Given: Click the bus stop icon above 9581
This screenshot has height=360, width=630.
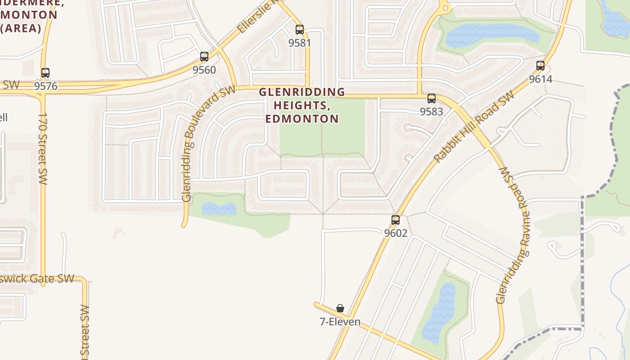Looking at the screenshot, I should (x=300, y=30).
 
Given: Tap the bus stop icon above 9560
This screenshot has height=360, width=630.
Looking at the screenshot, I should (x=204, y=57).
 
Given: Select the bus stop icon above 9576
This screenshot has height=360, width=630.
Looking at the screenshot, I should (x=45, y=72).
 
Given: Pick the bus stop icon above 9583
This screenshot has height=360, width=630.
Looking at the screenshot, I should (x=432, y=98).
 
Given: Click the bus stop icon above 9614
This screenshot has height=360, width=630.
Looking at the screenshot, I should (x=540, y=66).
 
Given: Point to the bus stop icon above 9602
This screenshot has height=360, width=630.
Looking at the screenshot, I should (x=396, y=220).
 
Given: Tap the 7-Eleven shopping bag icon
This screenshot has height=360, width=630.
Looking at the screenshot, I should (x=340, y=308).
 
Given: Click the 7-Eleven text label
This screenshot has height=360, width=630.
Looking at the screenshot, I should (x=340, y=322).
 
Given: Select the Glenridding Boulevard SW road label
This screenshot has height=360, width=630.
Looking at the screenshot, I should (x=208, y=144).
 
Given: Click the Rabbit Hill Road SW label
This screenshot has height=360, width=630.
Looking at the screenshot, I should (x=474, y=127).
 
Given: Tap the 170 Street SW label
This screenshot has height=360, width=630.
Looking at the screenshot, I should (x=43, y=148).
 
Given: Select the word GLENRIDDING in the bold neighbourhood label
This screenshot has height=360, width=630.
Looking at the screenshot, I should (x=302, y=92).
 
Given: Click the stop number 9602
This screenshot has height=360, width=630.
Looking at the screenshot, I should (x=396, y=233).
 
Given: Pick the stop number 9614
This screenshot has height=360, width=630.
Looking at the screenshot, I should (x=540, y=79).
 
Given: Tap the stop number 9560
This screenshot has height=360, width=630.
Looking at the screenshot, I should (x=204, y=70).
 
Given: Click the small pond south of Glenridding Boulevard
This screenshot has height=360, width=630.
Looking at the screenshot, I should (x=219, y=209).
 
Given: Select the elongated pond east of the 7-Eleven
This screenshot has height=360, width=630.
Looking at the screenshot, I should (x=439, y=313).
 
